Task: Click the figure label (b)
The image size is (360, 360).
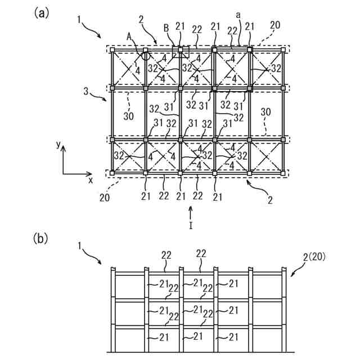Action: click(42, 238)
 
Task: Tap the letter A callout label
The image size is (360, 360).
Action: click(130, 35)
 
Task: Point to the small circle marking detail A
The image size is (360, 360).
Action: click(146, 55)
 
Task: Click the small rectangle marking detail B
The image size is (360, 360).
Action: click(181, 52)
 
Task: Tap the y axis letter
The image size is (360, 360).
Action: click(58, 145)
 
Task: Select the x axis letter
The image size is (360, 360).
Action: click(89, 180)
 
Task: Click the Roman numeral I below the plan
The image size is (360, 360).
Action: click(191, 226)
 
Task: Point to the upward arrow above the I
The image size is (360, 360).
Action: click(191, 213)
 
